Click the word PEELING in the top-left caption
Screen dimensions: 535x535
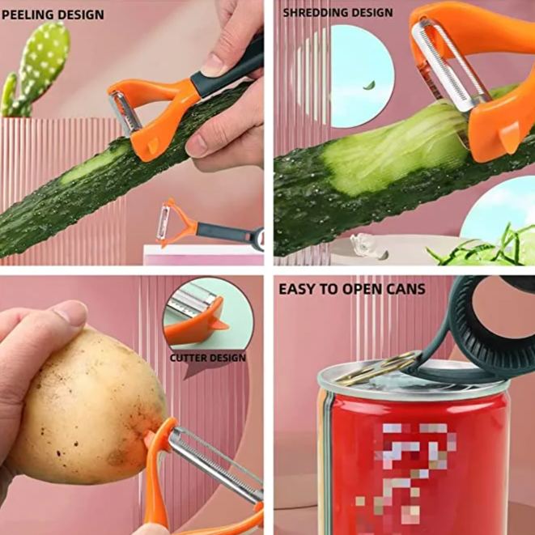28,15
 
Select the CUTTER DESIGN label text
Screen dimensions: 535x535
208,358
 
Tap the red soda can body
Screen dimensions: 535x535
413,461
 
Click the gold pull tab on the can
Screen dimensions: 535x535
376,369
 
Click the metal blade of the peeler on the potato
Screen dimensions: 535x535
214,461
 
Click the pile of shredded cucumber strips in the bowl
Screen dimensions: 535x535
486,247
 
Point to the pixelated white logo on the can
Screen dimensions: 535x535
413,461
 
